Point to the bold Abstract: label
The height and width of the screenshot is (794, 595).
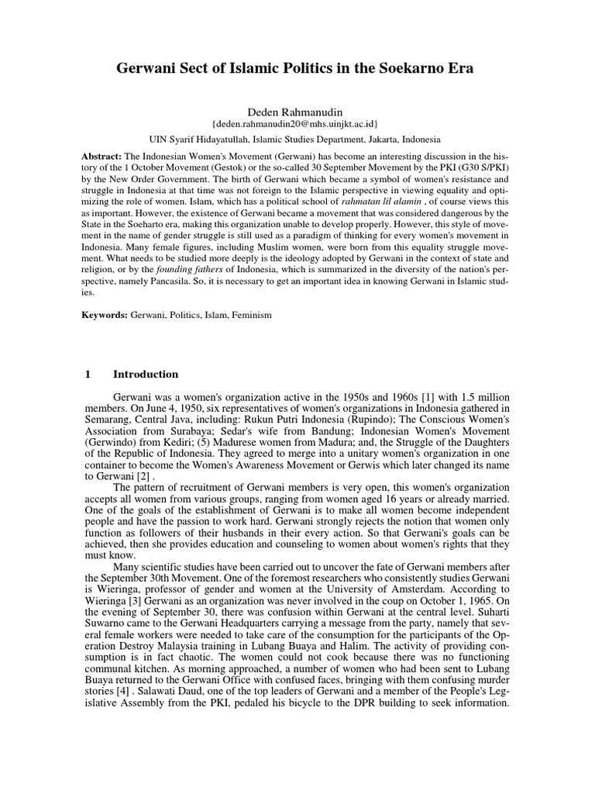102,155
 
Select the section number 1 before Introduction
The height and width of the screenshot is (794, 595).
87,374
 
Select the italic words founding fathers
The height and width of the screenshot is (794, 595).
181,269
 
